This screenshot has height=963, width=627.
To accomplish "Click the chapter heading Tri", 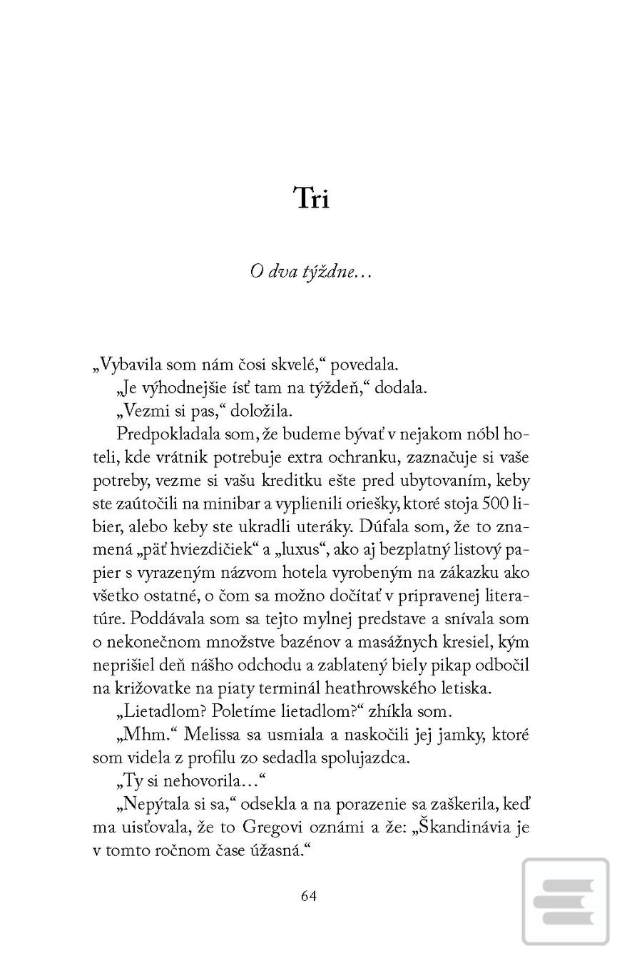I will [x=312, y=198].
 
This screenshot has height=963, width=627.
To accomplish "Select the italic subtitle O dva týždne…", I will [x=311, y=272].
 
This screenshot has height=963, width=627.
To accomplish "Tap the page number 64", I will [x=309, y=896].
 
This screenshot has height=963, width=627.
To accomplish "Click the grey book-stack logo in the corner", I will [x=565, y=902].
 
